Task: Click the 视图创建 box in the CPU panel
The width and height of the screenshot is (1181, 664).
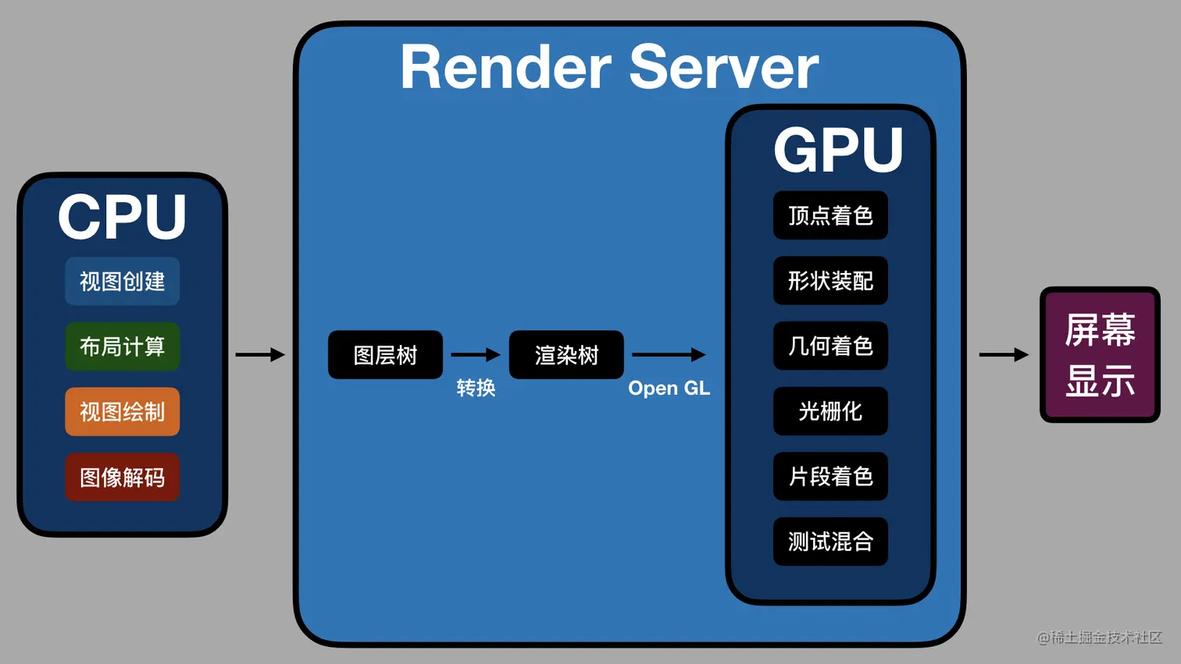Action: point(122,281)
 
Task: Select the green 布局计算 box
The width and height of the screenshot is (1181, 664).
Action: point(122,346)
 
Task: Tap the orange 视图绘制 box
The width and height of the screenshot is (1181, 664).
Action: point(122,411)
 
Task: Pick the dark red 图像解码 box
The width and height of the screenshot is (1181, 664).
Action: point(122,477)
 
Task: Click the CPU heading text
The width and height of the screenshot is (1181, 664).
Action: point(122,217)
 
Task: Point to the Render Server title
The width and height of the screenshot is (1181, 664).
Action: point(609,68)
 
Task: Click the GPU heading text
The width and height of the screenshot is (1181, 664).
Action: point(838,150)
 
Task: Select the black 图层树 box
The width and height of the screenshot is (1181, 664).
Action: point(385,355)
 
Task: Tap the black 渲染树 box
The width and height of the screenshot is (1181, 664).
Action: point(566,355)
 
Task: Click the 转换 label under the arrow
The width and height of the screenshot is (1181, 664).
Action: point(476,388)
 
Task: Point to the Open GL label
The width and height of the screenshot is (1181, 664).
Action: point(669,388)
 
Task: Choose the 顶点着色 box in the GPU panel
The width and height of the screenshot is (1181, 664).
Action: point(830,215)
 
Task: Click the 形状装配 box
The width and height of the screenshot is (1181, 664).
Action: point(830,281)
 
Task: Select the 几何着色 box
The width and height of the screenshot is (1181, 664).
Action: point(830,346)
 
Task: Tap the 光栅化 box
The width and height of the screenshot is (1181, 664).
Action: point(830,411)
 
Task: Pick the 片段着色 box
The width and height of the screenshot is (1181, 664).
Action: point(830,476)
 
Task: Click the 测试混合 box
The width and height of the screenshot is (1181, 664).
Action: point(830,541)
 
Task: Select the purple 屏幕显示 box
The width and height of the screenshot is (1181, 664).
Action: point(1100,355)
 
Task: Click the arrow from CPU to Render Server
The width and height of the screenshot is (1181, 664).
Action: point(260,355)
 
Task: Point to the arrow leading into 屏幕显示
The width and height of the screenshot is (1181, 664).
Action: point(1004,355)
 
